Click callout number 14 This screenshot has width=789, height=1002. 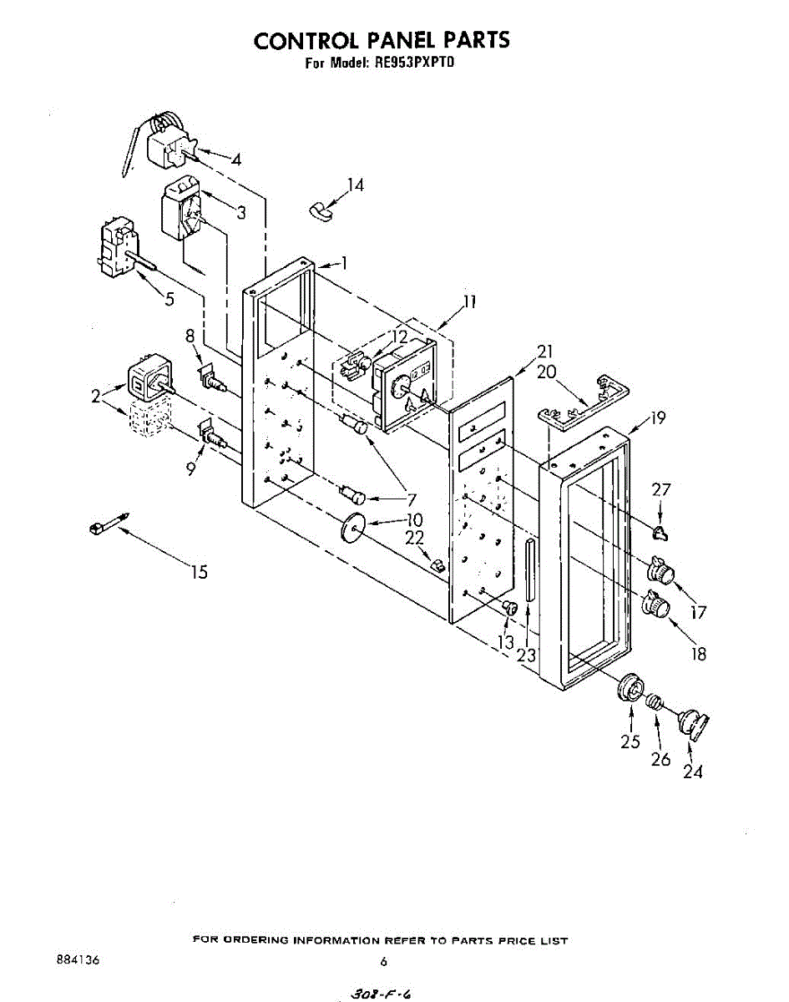[x=356, y=185]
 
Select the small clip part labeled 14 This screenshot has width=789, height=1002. [x=318, y=209]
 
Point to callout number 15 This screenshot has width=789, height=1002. [x=199, y=572]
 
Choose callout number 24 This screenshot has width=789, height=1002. [x=693, y=772]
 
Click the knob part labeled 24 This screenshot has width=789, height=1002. [x=692, y=722]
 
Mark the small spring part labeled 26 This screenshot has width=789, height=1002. [x=657, y=703]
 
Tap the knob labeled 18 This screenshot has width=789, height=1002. [x=656, y=604]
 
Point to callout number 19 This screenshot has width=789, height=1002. [x=658, y=417]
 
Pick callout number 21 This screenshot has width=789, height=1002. [x=523, y=352]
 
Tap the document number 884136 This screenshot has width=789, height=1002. [x=76, y=960]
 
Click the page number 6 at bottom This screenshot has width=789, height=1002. [x=383, y=962]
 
